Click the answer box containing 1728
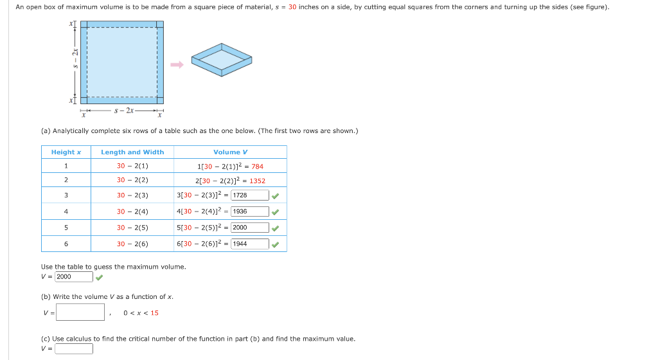pyautogui.click(x=249, y=195)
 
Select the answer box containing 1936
pyautogui.click(x=249, y=212)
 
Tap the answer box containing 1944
pyautogui.click(x=249, y=244)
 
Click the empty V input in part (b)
pyautogui.click(x=80, y=312)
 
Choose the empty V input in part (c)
pyautogui.click(x=74, y=348)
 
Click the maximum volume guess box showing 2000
pyautogui.click(x=74, y=277)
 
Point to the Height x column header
pyautogui.click(x=66, y=152)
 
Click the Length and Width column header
pyautogui.click(x=132, y=152)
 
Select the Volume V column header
pyautogui.click(x=231, y=152)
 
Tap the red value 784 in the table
pyautogui.click(x=257, y=166)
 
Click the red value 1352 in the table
pyautogui.click(x=257, y=181)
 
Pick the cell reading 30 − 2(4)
pyautogui.click(x=132, y=212)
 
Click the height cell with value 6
pyautogui.click(x=66, y=244)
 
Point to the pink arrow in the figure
pyautogui.click(x=177, y=64)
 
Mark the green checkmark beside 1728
pyautogui.click(x=276, y=195)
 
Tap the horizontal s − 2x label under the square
pyautogui.click(x=122, y=111)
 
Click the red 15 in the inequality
pyautogui.click(x=155, y=313)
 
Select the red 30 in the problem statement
pyautogui.click(x=292, y=7)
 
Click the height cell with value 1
pyautogui.click(x=66, y=166)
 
